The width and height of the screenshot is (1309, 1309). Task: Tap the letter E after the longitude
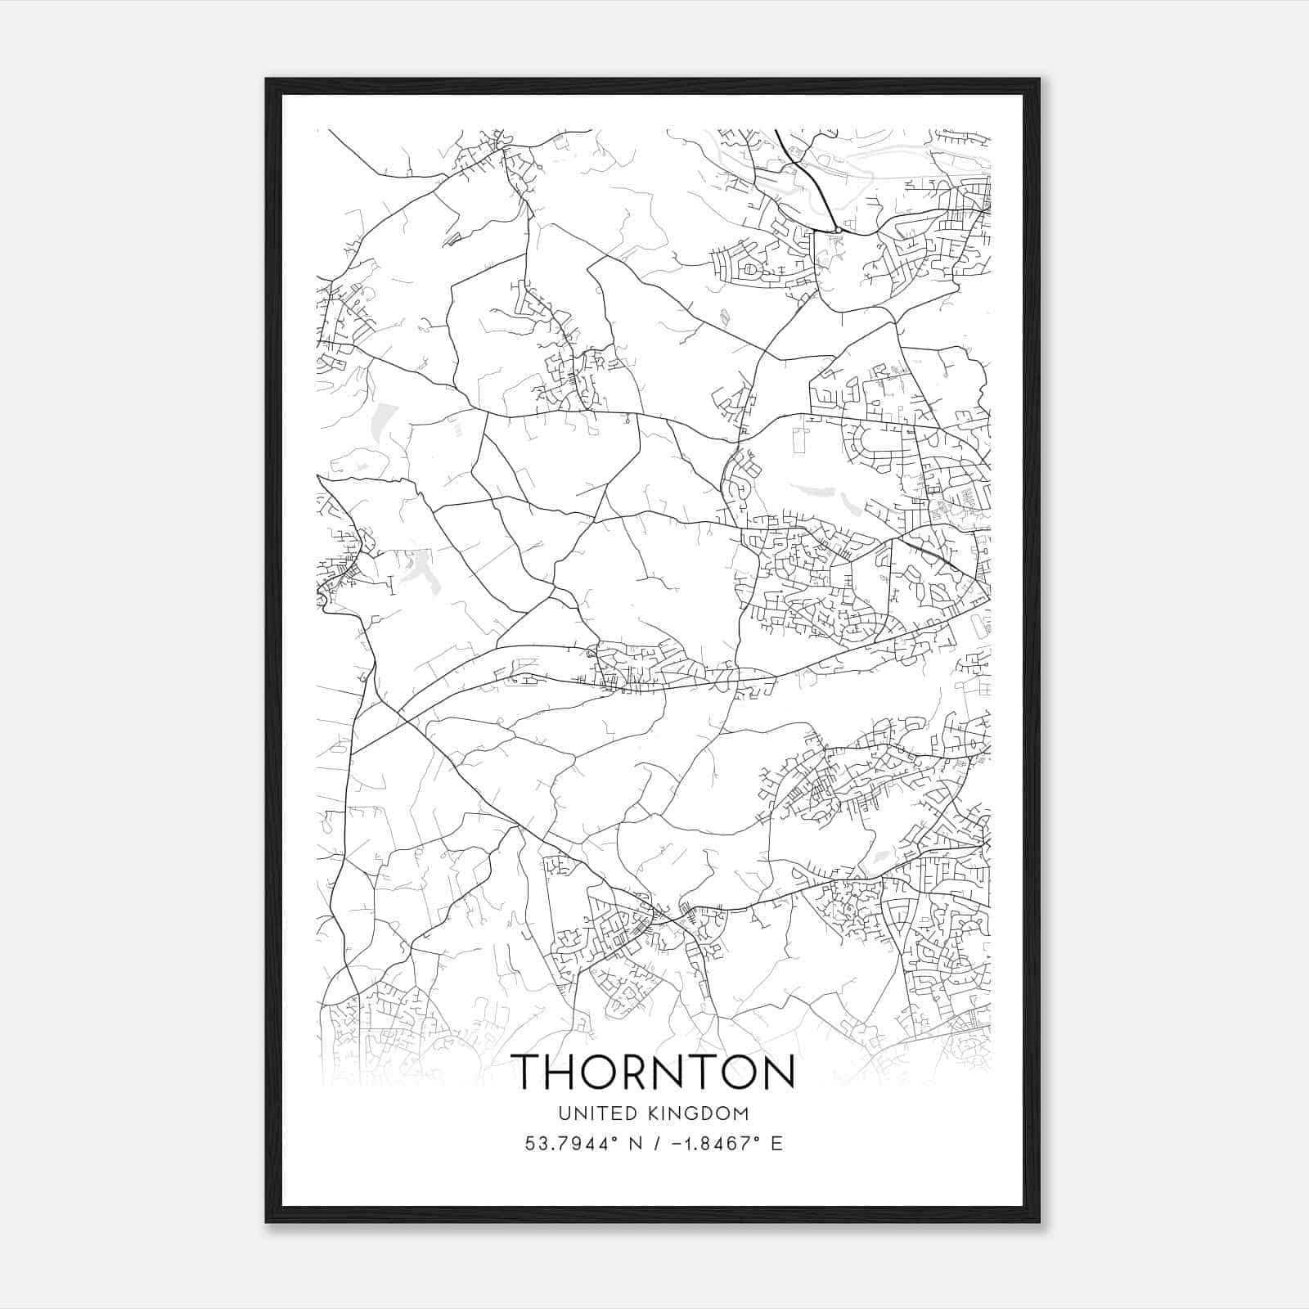776,1143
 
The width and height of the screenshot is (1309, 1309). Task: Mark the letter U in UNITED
565,1113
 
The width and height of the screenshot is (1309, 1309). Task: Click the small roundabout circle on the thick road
838,230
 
